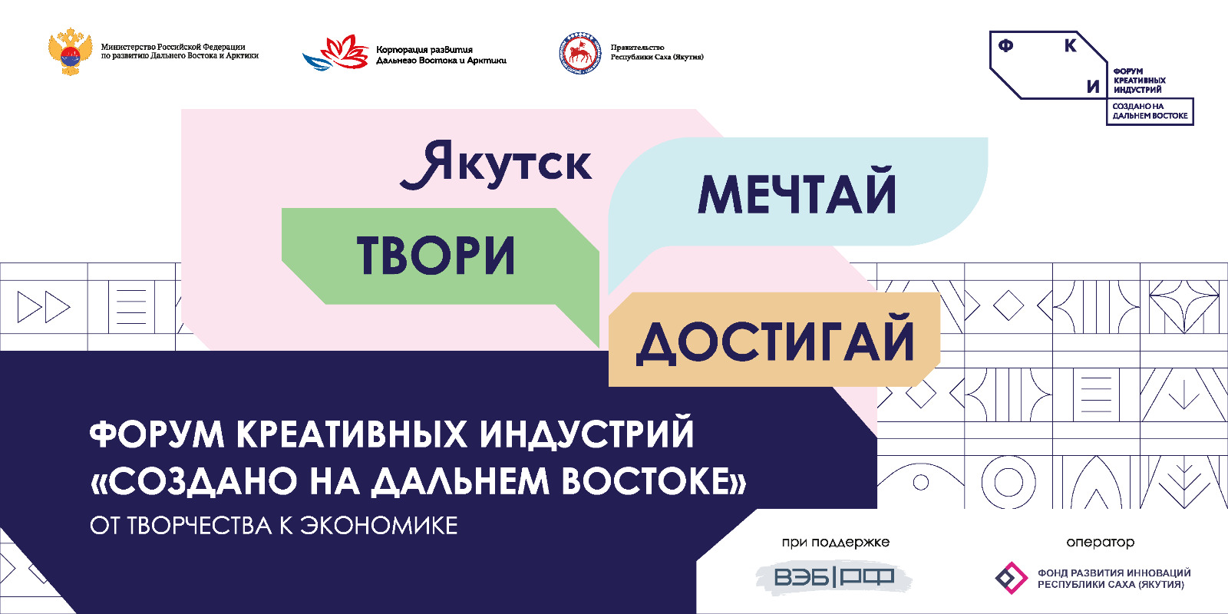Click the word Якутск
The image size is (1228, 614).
pos(496,165)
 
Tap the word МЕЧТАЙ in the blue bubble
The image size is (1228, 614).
pos(797,195)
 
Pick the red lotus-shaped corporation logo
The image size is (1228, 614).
pos(335,53)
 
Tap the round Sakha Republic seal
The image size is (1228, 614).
pos(580,53)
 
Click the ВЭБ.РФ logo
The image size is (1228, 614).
pos(834,577)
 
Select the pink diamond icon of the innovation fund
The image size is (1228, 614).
pos(1012,578)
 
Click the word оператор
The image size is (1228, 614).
pos(1101,543)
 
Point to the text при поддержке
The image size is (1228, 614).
pos(836,543)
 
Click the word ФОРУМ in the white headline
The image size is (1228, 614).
pos(157,434)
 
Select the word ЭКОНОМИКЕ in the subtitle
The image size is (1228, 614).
pos(379,526)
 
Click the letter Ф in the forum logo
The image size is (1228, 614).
pos(1006,45)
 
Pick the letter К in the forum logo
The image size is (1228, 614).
pos(1070,45)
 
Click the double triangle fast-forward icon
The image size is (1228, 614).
pos(44,307)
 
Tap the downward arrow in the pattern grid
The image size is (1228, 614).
pos(1183,394)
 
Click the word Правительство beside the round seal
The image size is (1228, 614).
pos(638,48)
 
